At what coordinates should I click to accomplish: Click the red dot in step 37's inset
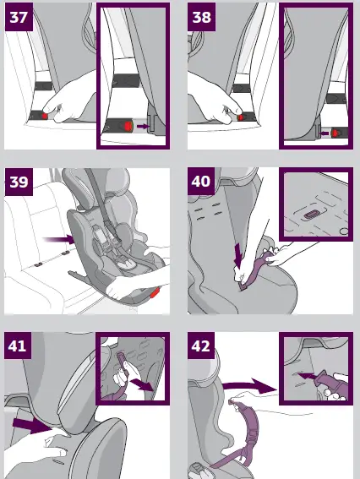pyautogui.click(x=128, y=127)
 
